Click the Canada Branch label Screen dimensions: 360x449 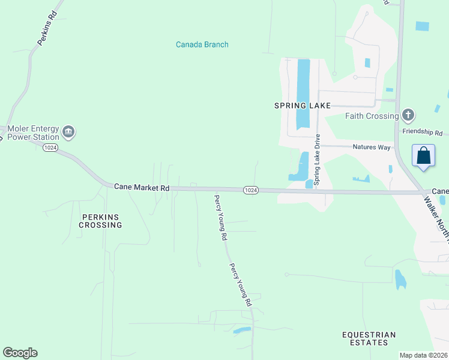202,44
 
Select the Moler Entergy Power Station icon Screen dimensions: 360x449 68,132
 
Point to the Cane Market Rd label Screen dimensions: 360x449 142,188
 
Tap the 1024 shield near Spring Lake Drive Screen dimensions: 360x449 251,190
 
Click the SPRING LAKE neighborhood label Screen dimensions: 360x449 303,106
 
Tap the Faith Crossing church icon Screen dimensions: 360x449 408,115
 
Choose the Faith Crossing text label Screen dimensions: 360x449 372,116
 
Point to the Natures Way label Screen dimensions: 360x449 372,147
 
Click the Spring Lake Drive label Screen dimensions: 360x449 317,159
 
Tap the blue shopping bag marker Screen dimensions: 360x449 424,156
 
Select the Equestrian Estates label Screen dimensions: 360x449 369,338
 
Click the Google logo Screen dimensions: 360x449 20,353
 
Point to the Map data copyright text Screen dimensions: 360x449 423,355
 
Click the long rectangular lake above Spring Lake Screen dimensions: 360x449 303,93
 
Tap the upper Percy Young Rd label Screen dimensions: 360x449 221,217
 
